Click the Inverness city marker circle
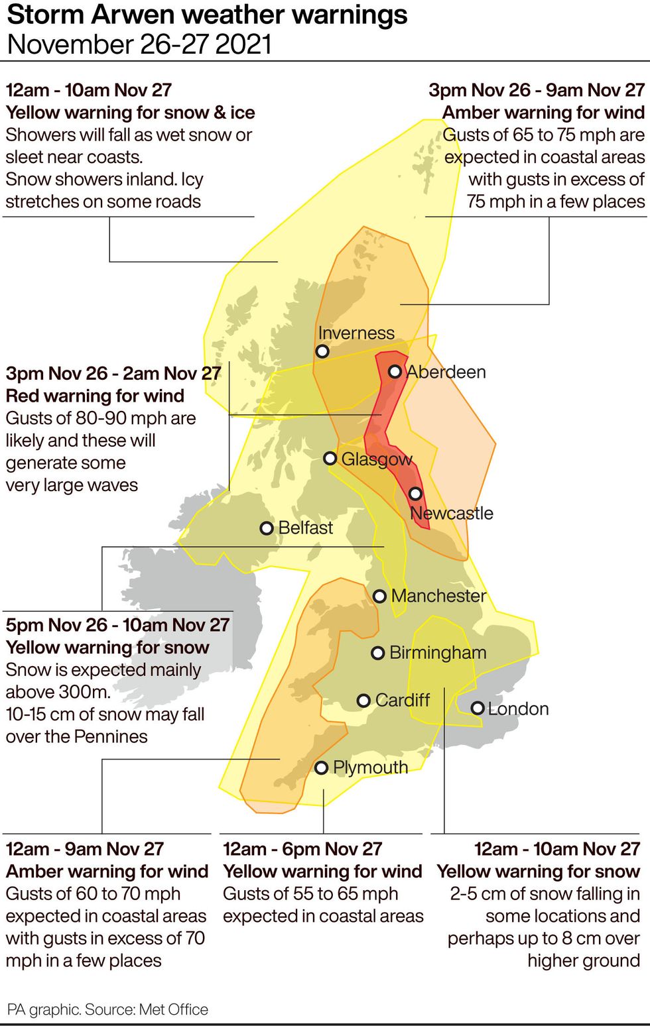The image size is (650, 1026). tap(322, 351)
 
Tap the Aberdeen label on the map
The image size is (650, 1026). tap(446, 372)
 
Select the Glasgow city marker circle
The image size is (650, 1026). tap(330, 458)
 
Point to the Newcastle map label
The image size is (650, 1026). tap(452, 513)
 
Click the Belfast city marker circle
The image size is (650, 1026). tap(267, 528)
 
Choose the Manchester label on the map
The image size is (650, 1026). tap(438, 596)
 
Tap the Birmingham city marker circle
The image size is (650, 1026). tap(377, 654)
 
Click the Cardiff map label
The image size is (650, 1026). tap(403, 700)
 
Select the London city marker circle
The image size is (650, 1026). tap(477, 708)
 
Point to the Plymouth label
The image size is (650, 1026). tap(370, 768)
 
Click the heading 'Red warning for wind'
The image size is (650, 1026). tap(95, 396)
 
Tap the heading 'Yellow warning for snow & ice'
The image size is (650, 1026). tap(130, 113)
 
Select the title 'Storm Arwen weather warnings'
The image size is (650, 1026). tap(207, 15)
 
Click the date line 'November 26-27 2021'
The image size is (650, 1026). tap(139, 44)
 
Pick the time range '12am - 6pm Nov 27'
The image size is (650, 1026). tap(302, 849)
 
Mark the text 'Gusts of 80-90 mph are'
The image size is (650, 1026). tap(101, 418)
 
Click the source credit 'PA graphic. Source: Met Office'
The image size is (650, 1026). tap(107, 1009)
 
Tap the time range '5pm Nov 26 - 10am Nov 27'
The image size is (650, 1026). tap(117, 625)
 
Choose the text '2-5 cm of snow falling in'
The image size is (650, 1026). tap(545, 893)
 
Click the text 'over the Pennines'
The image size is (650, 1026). tap(76, 736)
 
